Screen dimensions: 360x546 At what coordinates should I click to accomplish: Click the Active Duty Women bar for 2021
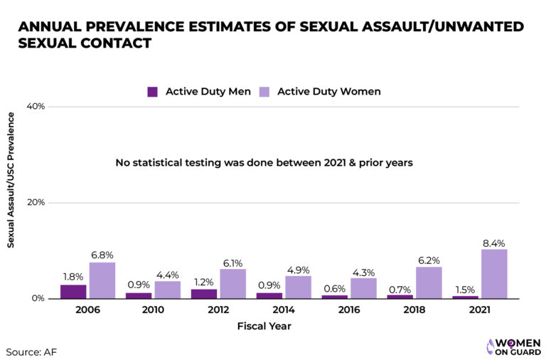click(494, 274)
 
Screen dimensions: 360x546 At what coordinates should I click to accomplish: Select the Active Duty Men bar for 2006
click(73, 292)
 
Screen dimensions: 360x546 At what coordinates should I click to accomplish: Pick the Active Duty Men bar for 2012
click(204, 294)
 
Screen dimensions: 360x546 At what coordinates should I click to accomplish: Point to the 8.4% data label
click(494, 243)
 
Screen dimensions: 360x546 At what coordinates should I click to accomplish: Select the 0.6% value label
click(335, 288)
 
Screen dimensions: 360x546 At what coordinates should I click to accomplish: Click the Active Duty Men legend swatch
click(152, 92)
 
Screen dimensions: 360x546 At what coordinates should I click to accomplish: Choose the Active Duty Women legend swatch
click(264, 92)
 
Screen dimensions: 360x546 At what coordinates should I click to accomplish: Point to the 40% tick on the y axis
click(36, 107)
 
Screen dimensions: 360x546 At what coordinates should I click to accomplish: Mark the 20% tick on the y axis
click(36, 203)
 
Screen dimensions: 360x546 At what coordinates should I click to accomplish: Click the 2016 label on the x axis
click(349, 311)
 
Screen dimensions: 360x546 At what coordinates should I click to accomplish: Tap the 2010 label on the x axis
click(153, 311)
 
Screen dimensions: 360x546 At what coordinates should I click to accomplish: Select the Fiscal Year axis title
click(264, 327)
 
